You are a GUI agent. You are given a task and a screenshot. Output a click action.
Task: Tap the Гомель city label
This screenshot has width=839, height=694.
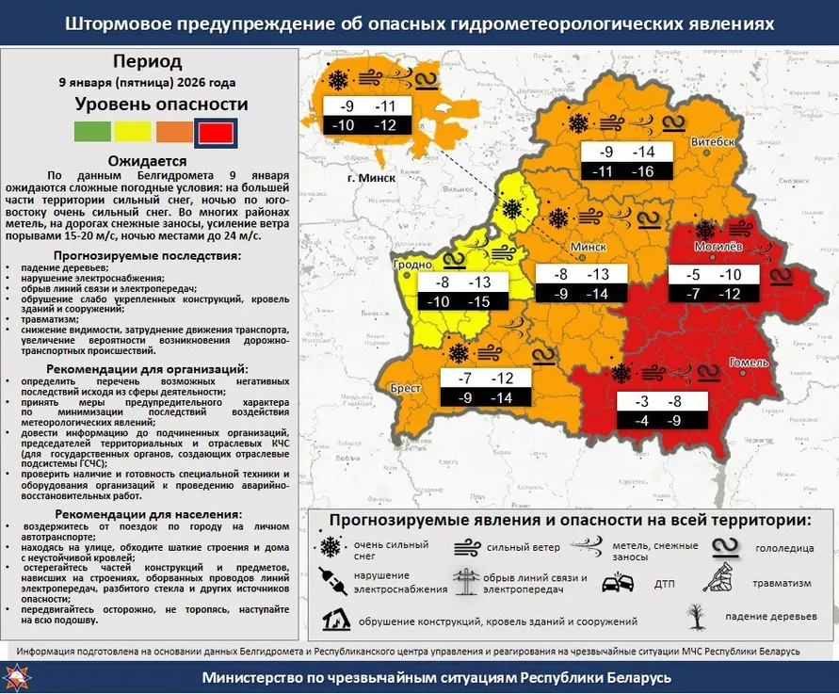749,363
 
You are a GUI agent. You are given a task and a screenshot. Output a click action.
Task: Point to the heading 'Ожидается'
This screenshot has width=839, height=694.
148,161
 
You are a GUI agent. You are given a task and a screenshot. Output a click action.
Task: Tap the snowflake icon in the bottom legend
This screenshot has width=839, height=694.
331,548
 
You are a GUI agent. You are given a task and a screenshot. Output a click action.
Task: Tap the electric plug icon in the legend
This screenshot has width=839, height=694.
331,582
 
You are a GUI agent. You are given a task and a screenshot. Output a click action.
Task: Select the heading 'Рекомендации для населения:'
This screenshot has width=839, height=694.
148,514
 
